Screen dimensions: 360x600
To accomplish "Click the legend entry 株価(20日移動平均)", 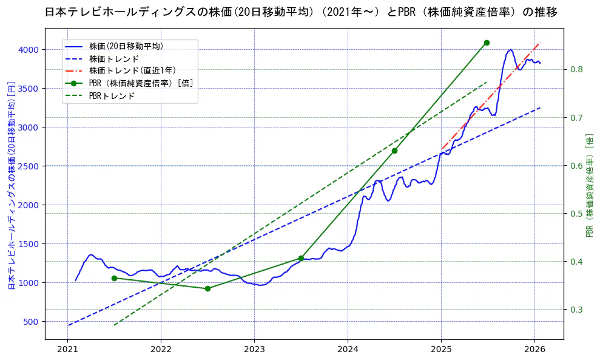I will [x=126, y=46].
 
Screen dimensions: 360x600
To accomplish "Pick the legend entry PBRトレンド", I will [x=112, y=96].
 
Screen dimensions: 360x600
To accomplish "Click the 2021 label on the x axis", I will [x=67, y=350].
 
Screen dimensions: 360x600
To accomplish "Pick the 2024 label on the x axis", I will [x=348, y=350].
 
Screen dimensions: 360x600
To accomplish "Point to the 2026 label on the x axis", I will [x=534, y=350].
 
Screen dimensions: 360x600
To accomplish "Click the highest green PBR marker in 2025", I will [x=487, y=42].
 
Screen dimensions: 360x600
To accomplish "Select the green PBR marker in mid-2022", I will [x=207, y=288].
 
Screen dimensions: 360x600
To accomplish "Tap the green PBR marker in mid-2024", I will [x=394, y=151].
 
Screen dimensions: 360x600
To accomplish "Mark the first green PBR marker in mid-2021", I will [x=114, y=278].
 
